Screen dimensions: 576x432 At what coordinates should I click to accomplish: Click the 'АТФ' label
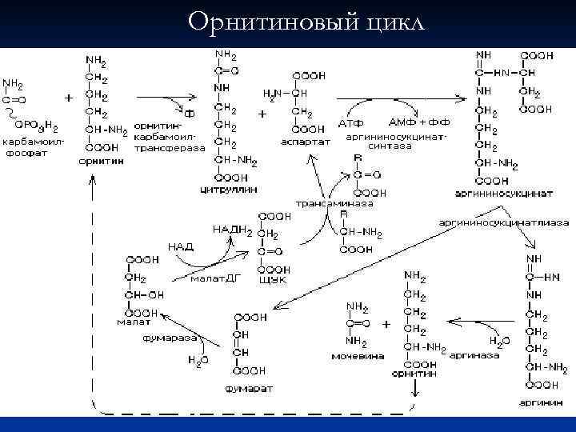pyautogui.click(x=351, y=126)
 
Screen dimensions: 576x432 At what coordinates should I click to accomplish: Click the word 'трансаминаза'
pyautogui.click(x=324, y=204)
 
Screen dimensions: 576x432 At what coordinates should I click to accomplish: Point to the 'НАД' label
pyautogui.click(x=180, y=246)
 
